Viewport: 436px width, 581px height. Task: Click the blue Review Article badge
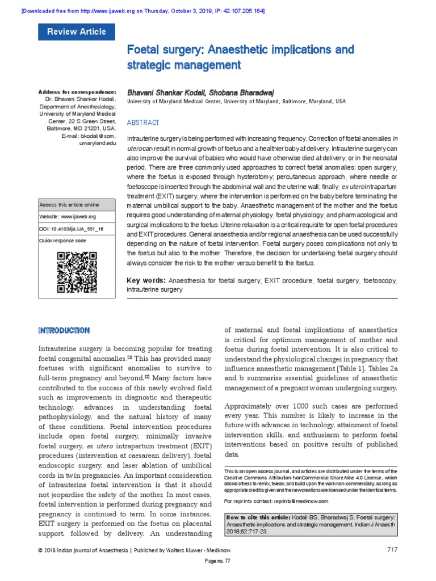[x=76, y=32]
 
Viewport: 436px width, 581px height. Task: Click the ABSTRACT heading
[x=143, y=123]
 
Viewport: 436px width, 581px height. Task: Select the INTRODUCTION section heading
[x=64, y=330]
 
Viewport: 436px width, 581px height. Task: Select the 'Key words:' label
[x=146, y=280]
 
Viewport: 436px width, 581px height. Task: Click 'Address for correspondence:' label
[x=77, y=91]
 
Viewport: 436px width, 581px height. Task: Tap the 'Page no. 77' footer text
[x=217, y=576]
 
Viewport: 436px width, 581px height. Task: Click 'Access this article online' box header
[x=69, y=204]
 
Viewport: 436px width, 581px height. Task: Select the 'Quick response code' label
[x=62, y=241]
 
